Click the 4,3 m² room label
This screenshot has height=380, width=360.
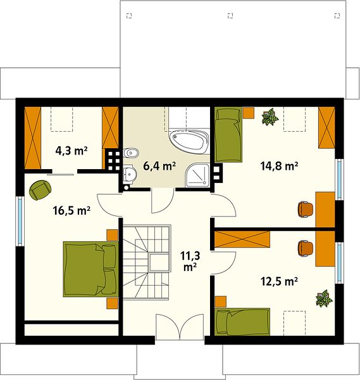click(71, 151)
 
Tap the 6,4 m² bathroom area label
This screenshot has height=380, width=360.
click(159, 166)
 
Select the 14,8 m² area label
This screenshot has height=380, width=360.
click(279, 166)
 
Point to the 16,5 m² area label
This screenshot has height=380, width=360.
click(71, 210)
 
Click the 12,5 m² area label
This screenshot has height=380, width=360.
click(279, 281)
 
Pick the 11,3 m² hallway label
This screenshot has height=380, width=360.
click(190, 261)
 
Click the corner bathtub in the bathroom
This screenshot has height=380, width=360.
click(189, 142)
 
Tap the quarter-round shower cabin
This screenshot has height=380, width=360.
click(197, 175)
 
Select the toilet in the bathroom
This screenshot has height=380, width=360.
click(131, 153)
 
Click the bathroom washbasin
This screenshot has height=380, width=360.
click(130, 174)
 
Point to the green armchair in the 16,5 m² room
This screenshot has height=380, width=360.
click(40, 190)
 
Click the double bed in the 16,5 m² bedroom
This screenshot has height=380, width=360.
click(90, 269)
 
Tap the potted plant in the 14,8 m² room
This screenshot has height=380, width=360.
click(270, 117)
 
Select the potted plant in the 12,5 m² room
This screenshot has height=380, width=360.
click(324, 298)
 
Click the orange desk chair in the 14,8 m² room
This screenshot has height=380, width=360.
click(306, 209)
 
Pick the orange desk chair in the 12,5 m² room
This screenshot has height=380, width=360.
click(306, 248)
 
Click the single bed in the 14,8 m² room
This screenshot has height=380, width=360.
click(228, 134)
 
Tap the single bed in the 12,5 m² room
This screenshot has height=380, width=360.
click(242, 322)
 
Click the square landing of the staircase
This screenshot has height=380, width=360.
click(159, 262)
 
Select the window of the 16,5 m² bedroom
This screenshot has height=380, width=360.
click(20, 220)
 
